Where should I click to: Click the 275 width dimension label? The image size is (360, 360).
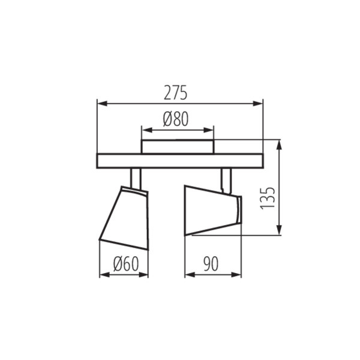tap(175, 93)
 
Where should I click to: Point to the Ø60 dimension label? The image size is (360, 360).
tap(124, 264)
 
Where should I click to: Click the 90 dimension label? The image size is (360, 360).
tap(211, 264)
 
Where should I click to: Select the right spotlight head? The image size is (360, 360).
tap(210, 210)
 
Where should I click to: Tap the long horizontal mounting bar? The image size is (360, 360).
tap(180, 161)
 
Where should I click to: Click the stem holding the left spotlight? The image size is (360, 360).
tap(136, 178)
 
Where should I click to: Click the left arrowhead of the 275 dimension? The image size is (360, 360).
tap(100, 103)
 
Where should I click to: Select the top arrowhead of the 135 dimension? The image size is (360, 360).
tap(279, 143)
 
